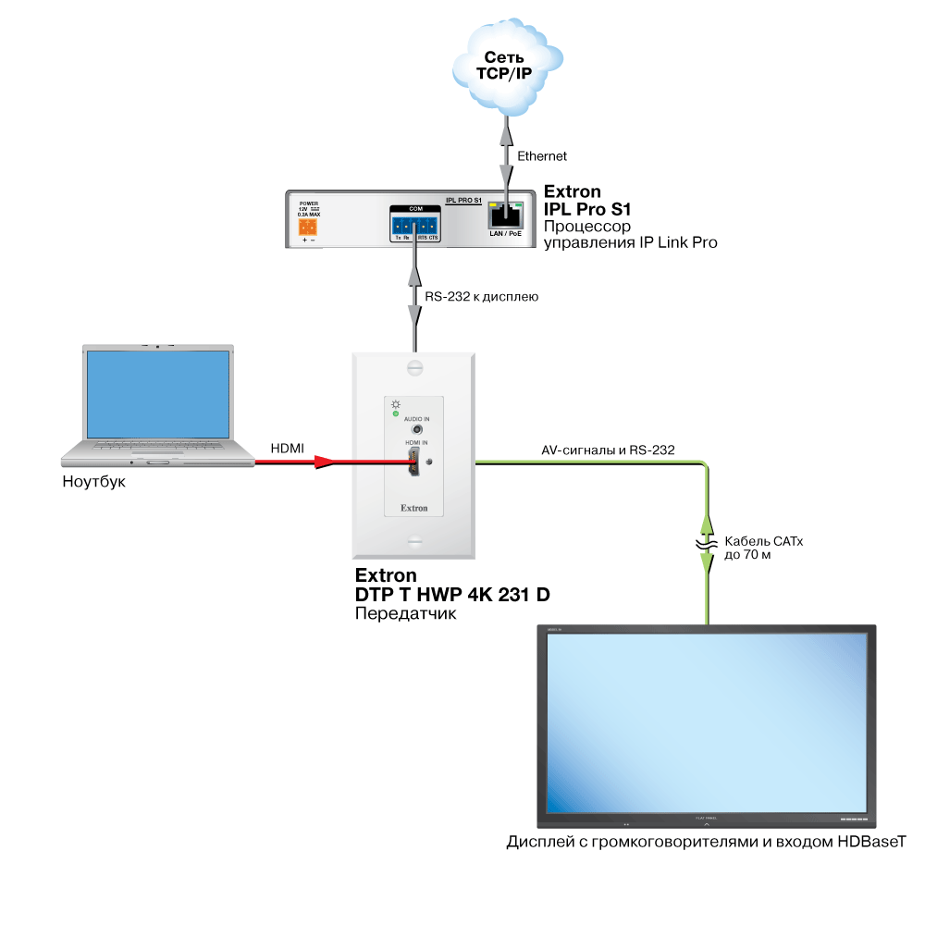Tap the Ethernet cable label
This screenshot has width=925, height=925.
coord(542,156)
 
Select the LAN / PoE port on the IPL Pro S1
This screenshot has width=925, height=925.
coord(505,217)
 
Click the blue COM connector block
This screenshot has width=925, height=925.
coord(414,226)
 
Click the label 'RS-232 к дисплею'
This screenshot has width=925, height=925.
coord(481,297)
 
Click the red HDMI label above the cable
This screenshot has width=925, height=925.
coord(287,449)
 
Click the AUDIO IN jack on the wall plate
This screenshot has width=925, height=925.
coord(419,429)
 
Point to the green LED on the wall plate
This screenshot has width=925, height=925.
coord(396,413)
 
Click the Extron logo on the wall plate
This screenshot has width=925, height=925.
coord(413,508)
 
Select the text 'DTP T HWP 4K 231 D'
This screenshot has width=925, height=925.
coord(452,596)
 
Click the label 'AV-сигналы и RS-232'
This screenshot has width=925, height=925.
coord(608,450)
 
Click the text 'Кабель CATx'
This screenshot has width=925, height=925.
coord(764,541)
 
